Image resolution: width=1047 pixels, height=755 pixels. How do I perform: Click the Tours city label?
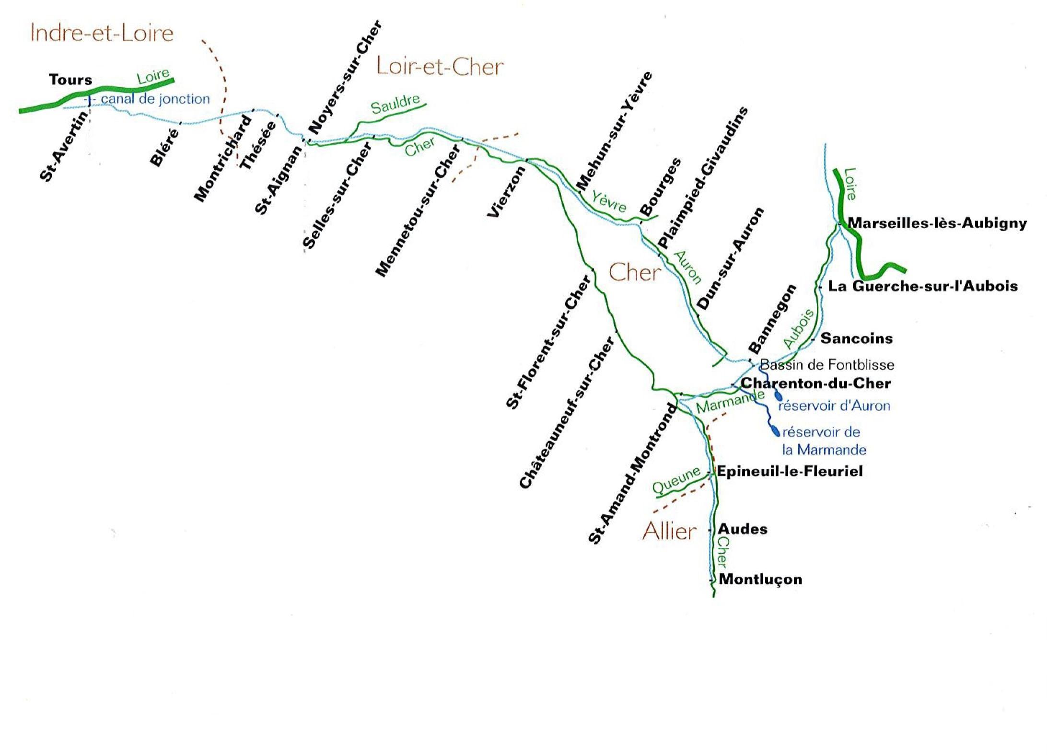(70, 80)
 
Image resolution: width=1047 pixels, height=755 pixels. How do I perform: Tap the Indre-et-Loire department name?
(102, 33)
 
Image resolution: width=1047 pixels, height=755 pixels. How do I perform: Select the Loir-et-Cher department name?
(440, 66)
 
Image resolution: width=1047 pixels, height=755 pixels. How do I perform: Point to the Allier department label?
(669, 531)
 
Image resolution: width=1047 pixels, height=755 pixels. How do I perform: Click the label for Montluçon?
(760, 579)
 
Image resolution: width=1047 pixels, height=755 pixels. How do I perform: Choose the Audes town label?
(742, 529)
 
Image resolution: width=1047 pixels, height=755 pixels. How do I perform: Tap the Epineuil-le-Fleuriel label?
(789, 471)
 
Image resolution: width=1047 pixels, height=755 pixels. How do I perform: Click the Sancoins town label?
(857, 338)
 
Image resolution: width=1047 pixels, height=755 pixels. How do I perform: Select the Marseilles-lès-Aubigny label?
(937, 223)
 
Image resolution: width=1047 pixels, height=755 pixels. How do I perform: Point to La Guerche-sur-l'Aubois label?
(923, 286)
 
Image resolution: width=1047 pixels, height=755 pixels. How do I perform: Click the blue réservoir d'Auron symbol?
(778, 396)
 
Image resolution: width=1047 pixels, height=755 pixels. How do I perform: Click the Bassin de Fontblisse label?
(827, 365)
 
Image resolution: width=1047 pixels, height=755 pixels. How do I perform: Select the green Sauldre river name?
(396, 104)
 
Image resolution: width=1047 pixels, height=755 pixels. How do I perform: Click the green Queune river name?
(676, 480)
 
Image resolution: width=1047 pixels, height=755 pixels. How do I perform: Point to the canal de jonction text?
(155, 99)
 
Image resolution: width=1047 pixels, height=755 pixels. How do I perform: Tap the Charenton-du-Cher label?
(815, 383)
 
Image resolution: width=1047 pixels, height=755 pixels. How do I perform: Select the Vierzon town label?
(506, 193)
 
